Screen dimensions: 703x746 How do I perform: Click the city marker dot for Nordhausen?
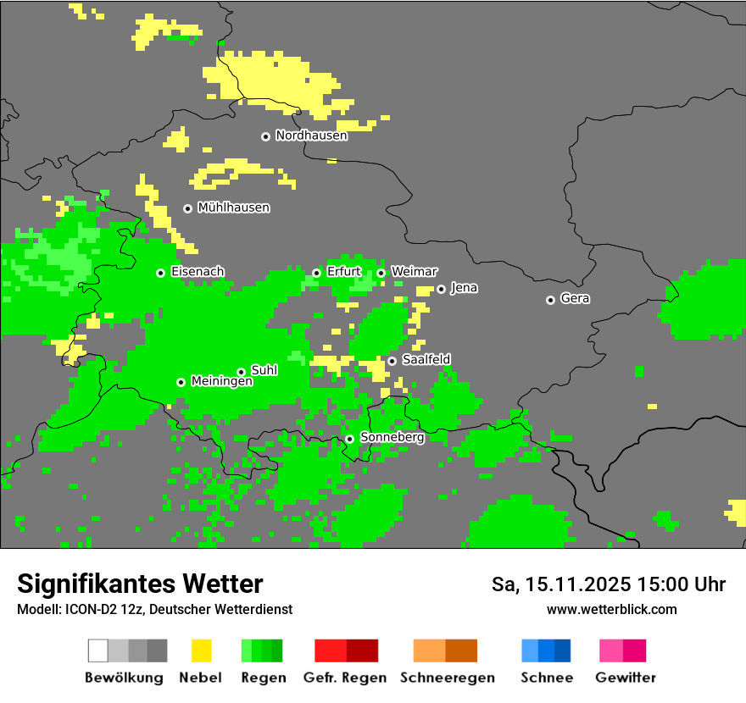tap(265, 136)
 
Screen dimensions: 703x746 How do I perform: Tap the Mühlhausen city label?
tap(233, 208)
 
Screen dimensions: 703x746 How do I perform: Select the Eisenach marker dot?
tap(160, 273)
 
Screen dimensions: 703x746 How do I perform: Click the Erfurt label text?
tap(343, 272)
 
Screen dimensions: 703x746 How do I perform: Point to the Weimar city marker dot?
tap(381, 273)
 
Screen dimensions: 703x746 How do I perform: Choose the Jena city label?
tap(464, 288)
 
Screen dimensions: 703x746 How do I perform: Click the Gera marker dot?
tap(550, 300)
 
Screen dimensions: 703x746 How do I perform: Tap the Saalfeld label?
tap(426, 360)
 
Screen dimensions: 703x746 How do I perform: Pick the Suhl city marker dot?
tap(241, 372)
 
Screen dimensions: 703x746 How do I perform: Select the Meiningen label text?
tap(221, 382)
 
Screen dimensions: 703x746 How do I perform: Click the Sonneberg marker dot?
tap(349, 439)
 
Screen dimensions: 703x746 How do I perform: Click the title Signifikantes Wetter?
tap(140, 584)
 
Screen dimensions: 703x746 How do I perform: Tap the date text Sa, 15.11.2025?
tap(561, 584)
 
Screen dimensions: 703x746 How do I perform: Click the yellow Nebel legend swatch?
tap(201, 650)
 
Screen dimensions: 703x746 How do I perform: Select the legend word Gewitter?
tap(626, 678)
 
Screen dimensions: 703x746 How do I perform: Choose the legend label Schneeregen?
tap(447, 678)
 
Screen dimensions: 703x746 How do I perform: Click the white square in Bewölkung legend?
tap(97, 650)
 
